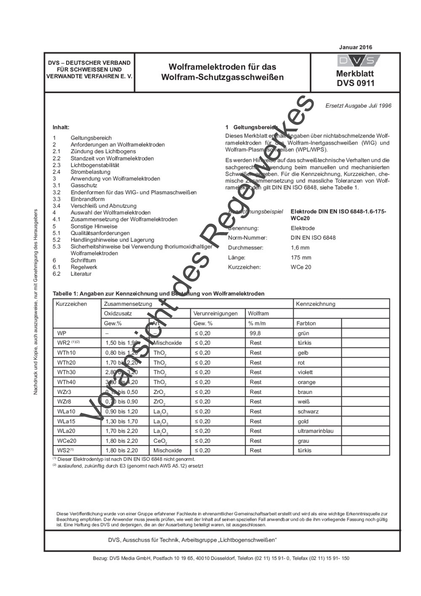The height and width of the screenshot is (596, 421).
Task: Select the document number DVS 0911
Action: coord(355,83)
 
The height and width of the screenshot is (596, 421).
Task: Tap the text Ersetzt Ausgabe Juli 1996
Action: coord(358,106)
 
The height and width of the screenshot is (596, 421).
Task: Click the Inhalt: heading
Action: coord(61,127)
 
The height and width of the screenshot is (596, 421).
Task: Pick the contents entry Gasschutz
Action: coord(84,185)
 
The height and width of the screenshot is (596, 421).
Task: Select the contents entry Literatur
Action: coord(81,274)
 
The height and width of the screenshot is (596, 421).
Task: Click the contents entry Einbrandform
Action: coord(88,199)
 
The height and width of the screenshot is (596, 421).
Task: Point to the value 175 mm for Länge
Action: coord(301,257)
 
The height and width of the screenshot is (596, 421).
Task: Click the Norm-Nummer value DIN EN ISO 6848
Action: coord(313,238)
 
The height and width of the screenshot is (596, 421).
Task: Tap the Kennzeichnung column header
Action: coord(315,304)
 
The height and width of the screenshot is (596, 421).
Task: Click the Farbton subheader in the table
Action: coord(306,323)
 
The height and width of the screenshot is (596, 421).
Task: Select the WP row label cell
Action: coord(62,333)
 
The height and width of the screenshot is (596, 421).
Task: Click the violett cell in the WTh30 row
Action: coord(305,372)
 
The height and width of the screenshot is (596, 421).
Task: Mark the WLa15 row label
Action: coord(66,421)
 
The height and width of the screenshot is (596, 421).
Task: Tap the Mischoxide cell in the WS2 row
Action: coord(168,450)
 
